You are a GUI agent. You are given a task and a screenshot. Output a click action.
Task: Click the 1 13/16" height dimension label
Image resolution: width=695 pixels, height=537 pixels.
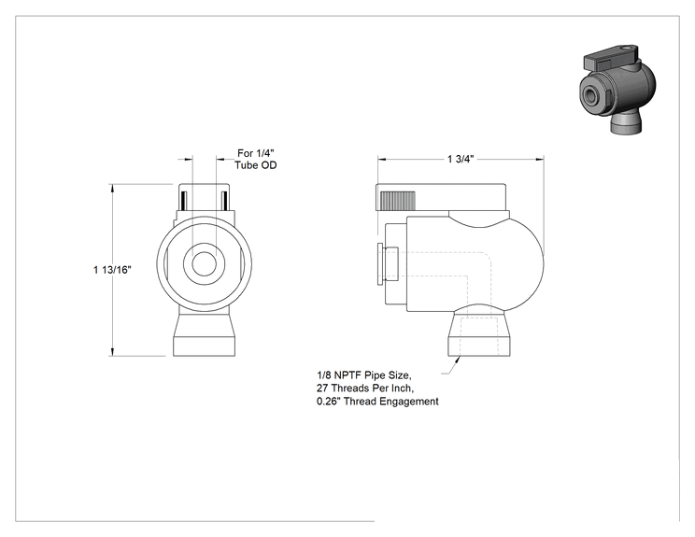[x=113, y=270]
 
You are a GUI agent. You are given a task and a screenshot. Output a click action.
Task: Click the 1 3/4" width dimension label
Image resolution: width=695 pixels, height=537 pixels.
[x=461, y=159]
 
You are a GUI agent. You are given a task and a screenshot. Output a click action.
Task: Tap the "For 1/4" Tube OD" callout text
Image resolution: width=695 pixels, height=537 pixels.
[x=256, y=159]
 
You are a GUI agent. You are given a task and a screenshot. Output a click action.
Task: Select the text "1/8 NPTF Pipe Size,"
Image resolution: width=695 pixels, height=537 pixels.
[x=364, y=375]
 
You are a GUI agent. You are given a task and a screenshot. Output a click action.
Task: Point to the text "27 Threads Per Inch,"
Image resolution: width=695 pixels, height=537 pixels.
[x=365, y=389]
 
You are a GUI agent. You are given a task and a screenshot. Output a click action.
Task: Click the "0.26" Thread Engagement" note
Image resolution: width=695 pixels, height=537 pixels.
[x=377, y=402]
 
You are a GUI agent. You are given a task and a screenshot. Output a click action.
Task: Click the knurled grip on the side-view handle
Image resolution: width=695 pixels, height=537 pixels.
[x=398, y=200]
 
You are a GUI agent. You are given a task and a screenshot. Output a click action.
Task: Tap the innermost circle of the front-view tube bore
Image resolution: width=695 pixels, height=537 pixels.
[x=205, y=263]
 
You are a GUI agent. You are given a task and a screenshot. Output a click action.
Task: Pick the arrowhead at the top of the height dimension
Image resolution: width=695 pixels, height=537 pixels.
[x=113, y=188]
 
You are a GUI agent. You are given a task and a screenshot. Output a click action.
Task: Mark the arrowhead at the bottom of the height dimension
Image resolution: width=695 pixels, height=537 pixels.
[x=113, y=351]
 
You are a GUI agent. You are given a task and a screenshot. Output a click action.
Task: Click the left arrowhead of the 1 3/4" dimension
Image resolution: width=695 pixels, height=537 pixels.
[x=382, y=159]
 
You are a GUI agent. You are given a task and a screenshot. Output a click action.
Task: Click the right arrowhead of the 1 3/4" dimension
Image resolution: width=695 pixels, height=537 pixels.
[x=539, y=159]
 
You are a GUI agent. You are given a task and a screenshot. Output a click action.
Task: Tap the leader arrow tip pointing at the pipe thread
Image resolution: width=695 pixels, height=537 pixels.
[x=459, y=357]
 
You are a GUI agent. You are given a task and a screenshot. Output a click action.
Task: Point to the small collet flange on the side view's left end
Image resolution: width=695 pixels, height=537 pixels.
[x=380, y=263]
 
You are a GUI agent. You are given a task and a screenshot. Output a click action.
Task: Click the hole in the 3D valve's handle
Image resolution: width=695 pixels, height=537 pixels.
[x=626, y=48]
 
